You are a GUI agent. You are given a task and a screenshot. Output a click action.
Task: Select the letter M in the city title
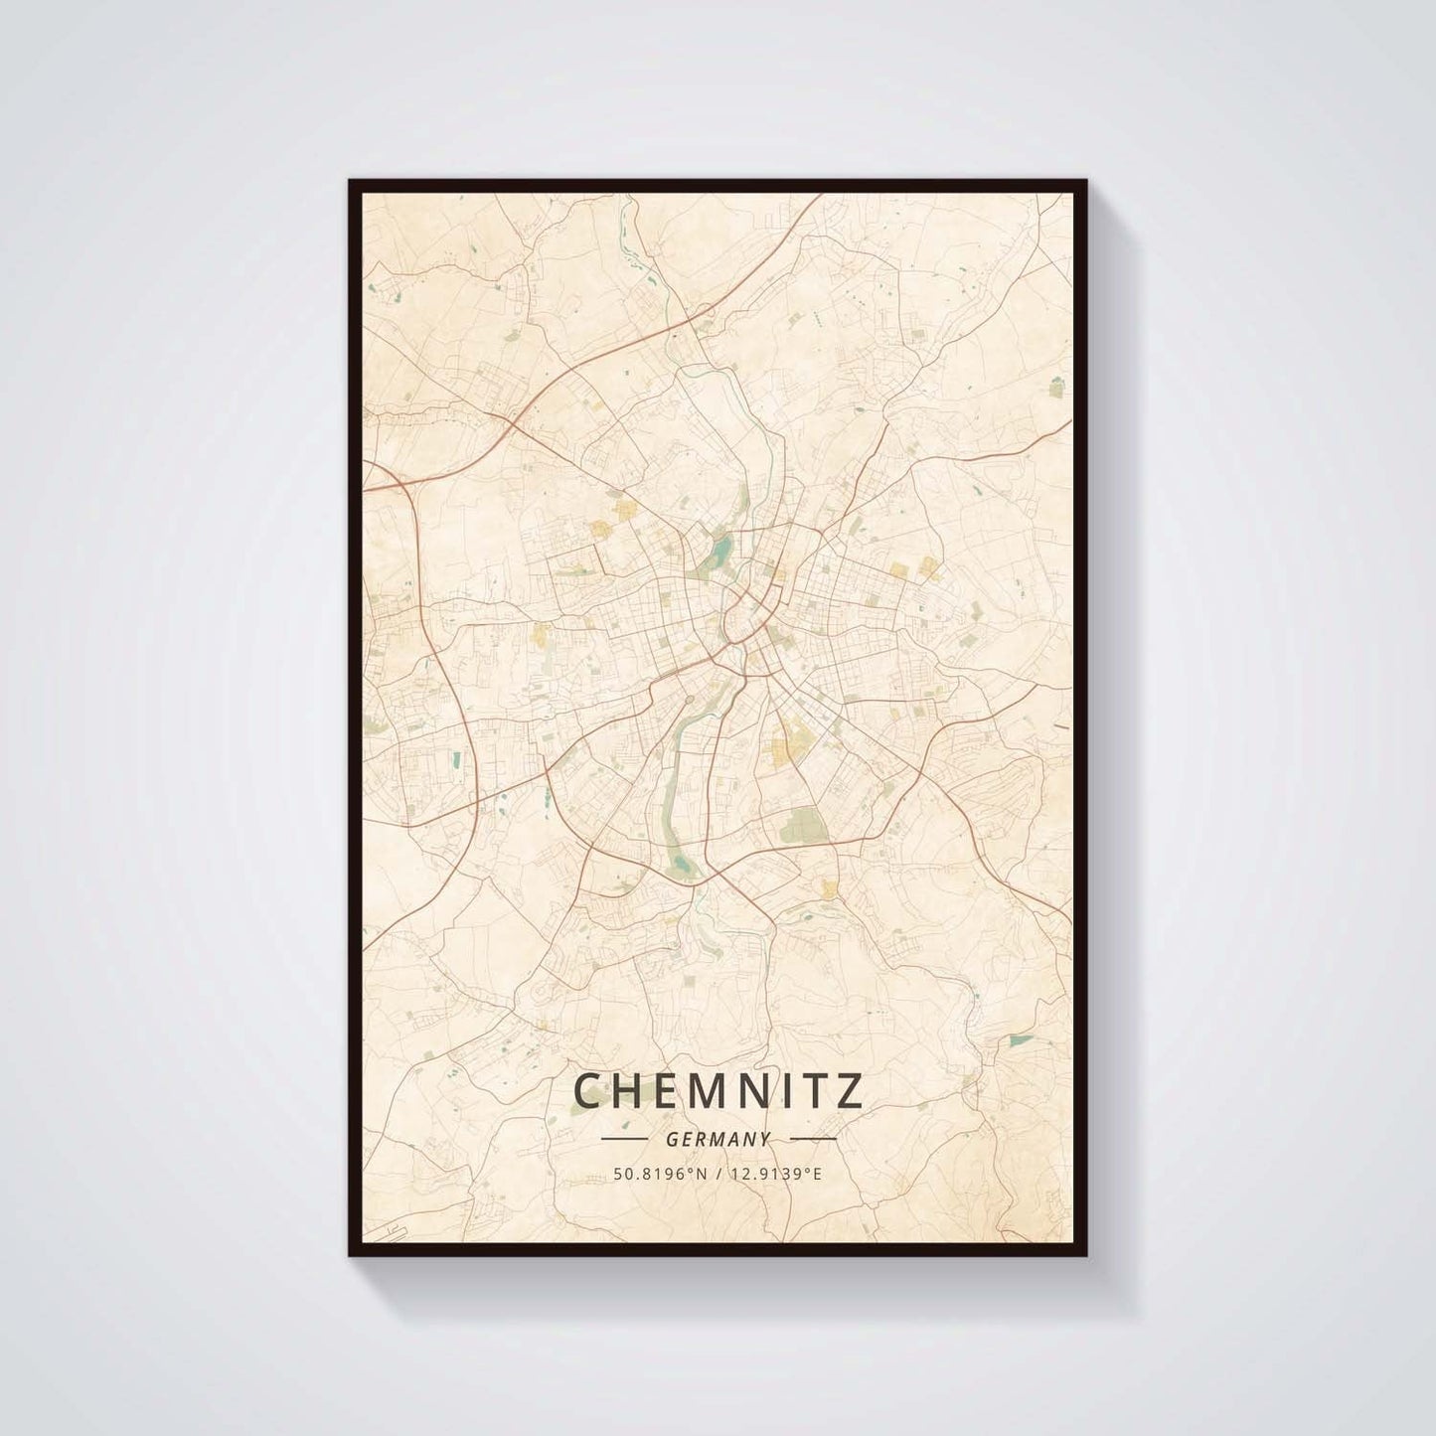(692, 1091)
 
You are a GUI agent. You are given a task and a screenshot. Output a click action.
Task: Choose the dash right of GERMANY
(811, 1139)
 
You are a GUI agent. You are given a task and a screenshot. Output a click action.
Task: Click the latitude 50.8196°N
(659, 1174)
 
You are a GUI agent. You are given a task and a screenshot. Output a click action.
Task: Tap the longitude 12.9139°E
(776, 1174)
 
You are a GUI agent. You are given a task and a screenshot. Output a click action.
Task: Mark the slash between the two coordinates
(718, 1174)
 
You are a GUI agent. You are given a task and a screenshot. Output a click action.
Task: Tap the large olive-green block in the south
(806, 824)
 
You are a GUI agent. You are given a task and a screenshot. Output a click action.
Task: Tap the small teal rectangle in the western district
(457, 760)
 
